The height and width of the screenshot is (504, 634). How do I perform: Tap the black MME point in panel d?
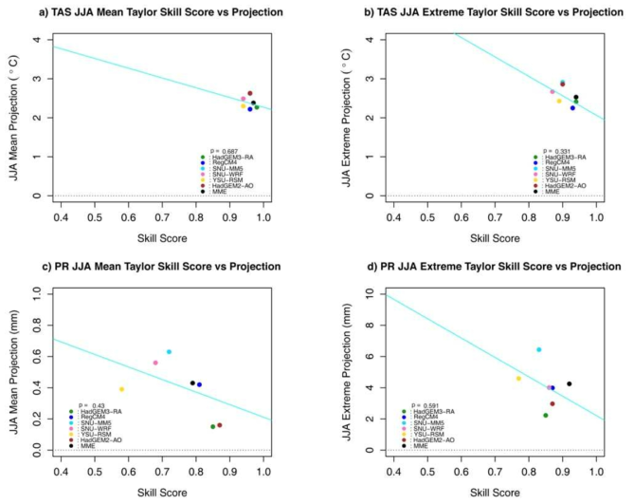(x=570, y=384)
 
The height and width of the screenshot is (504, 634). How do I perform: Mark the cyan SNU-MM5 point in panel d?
(x=538, y=350)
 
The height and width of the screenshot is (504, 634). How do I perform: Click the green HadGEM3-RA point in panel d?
(x=546, y=415)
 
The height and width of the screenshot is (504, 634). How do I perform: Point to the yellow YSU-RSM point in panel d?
(x=518, y=379)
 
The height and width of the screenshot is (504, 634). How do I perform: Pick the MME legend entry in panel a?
(x=219, y=191)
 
